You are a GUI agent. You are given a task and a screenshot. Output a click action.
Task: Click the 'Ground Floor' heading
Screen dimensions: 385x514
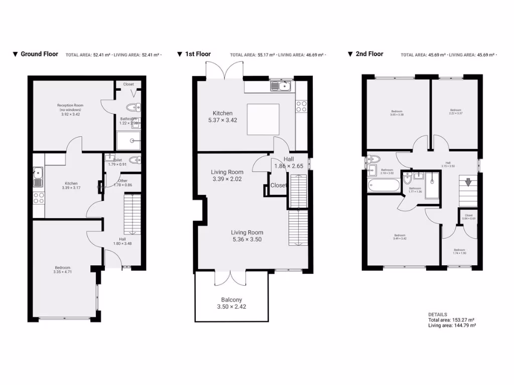click(x=39, y=54)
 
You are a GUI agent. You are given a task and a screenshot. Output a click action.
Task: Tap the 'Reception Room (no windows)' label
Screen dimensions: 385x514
click(x=70, y=109)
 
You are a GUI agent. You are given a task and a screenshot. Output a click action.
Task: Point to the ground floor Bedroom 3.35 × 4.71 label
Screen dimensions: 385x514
click(x=63, y=270)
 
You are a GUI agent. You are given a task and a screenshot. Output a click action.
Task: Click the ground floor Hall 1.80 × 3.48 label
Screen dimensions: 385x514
click(x=122, y=242)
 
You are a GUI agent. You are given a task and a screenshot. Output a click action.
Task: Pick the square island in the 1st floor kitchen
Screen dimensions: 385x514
click(x=263, y=119)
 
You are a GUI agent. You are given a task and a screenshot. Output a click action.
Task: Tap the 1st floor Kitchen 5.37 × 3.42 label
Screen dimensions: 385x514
click(x=223, y=117)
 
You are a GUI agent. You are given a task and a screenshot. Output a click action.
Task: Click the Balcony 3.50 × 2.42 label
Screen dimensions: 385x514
click(x=231, y=303)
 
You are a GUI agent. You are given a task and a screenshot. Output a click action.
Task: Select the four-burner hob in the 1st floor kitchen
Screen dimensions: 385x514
click(x=302, y=106)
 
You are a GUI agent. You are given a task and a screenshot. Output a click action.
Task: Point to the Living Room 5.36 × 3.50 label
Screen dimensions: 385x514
click(x=247, y=236)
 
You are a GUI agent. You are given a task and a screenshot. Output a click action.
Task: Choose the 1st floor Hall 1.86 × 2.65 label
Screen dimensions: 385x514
click(x=289, y=162)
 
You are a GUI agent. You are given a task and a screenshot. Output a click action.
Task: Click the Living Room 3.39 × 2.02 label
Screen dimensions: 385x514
click(x=227, y=175)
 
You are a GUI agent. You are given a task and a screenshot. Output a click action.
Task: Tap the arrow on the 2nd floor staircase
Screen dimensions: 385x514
click(x=468, y=182)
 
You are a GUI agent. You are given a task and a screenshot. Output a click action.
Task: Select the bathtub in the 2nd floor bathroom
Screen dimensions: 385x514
click(x=383, y=186)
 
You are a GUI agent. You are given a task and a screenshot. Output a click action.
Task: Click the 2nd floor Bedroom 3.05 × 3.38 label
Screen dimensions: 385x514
click(x=397, y=113)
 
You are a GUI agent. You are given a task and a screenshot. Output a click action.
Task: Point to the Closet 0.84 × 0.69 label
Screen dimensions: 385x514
click(x=468, y=217)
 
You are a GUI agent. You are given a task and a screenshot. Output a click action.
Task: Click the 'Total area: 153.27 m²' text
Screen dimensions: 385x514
click(x=451, y=320)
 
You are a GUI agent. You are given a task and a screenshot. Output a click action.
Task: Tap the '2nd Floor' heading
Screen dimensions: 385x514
click(x=369, y=54)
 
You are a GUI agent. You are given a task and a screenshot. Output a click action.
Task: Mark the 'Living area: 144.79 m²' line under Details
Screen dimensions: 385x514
click(x=452, y=325)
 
